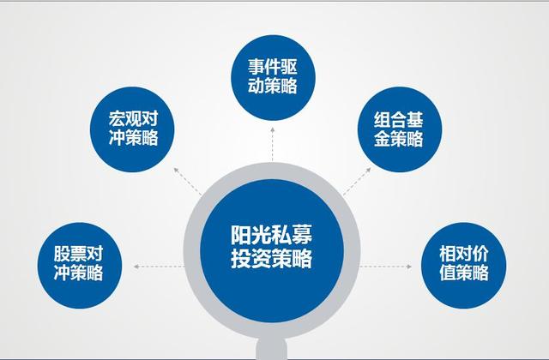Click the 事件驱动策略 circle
[x=273, y=78]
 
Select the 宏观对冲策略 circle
[x=132, y=129]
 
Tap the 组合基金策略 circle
[x=400, y=129]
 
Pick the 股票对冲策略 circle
[x=80, y=266]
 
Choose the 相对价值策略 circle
[x=463, y=266]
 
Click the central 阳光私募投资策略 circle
[x=272, y=251]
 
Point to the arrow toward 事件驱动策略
[x=273, y=144]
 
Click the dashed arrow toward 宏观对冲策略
[x=188, y=181]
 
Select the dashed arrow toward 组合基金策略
[x=357, y=181]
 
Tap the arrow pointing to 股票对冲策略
[x=159, y=267]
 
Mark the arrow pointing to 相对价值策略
[x=386, y=267]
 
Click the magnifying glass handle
[x=272, y=349]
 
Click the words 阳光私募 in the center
[x=271, y=234]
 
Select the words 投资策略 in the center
[x=271, y=258]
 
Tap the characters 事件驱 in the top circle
[x=273, y=67]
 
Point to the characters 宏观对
[x=133, y=118]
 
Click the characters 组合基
[x=398, y=120]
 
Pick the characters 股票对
[x=78, y=254]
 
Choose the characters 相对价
[x=464, y=254]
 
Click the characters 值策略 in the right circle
[x=464, y=273]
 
